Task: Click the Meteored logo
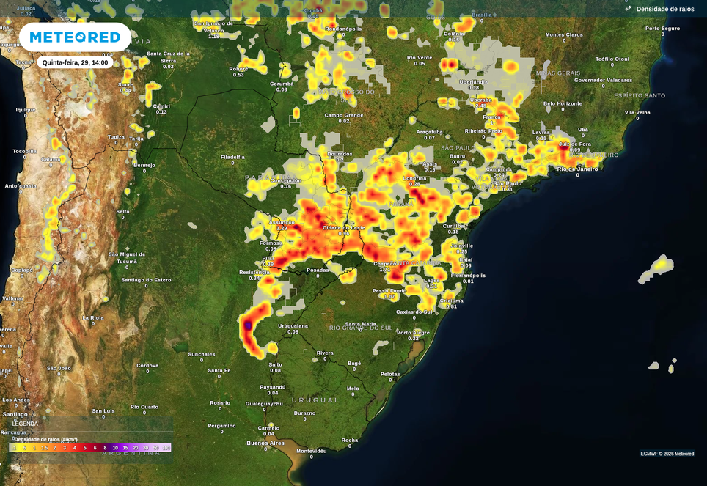[x=75, y=37]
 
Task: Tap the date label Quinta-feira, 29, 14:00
[x=75, y=62]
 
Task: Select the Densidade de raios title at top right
[x=665, y=9]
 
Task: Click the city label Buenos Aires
[x=265, y=443]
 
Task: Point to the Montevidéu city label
[x=311, y=451]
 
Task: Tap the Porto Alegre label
[x=414, y=333]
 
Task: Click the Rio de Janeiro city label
[x=577, y=169]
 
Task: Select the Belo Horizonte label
[x=563, y=104]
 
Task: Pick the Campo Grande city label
[x=344, y=115]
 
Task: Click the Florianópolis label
[x=468, y=276]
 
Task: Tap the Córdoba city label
[x=147, y=365]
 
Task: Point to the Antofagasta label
[x=21, y=186]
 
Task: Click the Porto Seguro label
[x=663, y=29]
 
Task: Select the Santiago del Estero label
[x=146, y=280]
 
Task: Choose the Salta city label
[x=122, y=212]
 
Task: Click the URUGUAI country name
[x=314, y=400]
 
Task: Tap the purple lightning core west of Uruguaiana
[x=248, y=324]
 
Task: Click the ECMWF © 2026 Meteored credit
[x=667, y=454]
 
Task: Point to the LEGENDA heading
[x=25, y=424]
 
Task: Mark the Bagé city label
[x=354, y=364]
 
